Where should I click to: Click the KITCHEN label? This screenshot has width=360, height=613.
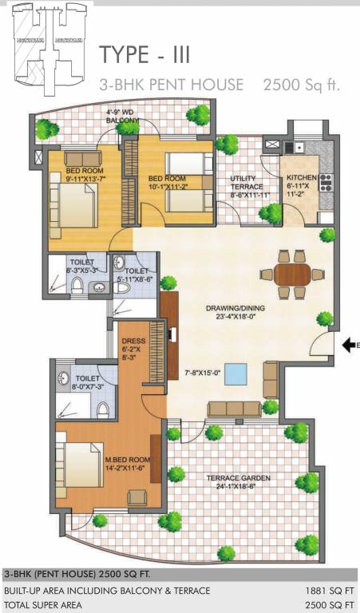click(303, 177)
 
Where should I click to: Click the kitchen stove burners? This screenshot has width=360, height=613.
click(326, 183)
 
